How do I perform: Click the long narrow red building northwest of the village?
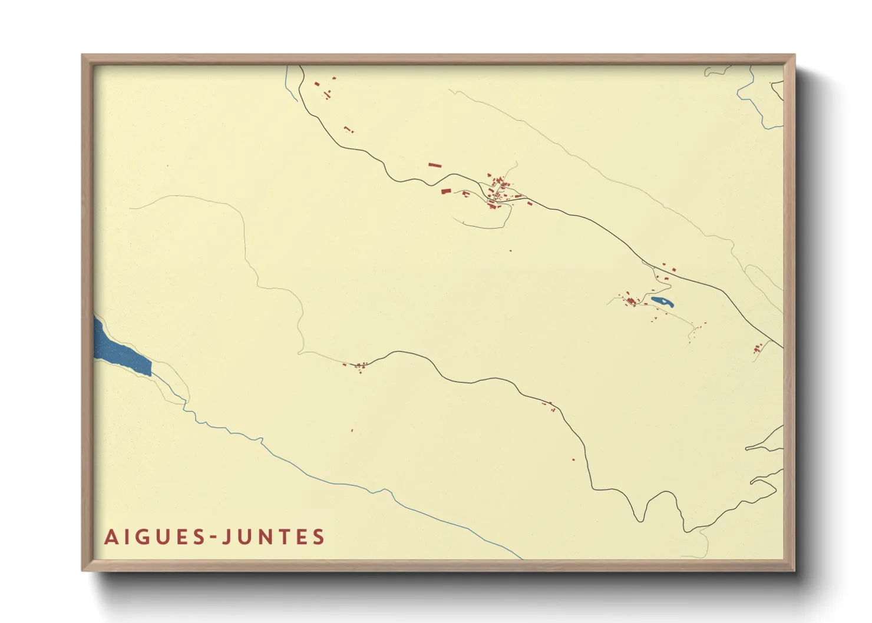click(x=435, y=165)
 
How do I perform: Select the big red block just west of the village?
click(x=446, y=191)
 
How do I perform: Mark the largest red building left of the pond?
click(x=631, y=301)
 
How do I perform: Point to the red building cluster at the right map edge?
click(x=757, y=349)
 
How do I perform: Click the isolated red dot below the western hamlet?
click(x=352, y=430)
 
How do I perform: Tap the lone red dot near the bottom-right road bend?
click(x=573, y=459)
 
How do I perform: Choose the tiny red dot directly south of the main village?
click(x=510, y=251)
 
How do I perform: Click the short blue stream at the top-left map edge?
click(x=290, y=85)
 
